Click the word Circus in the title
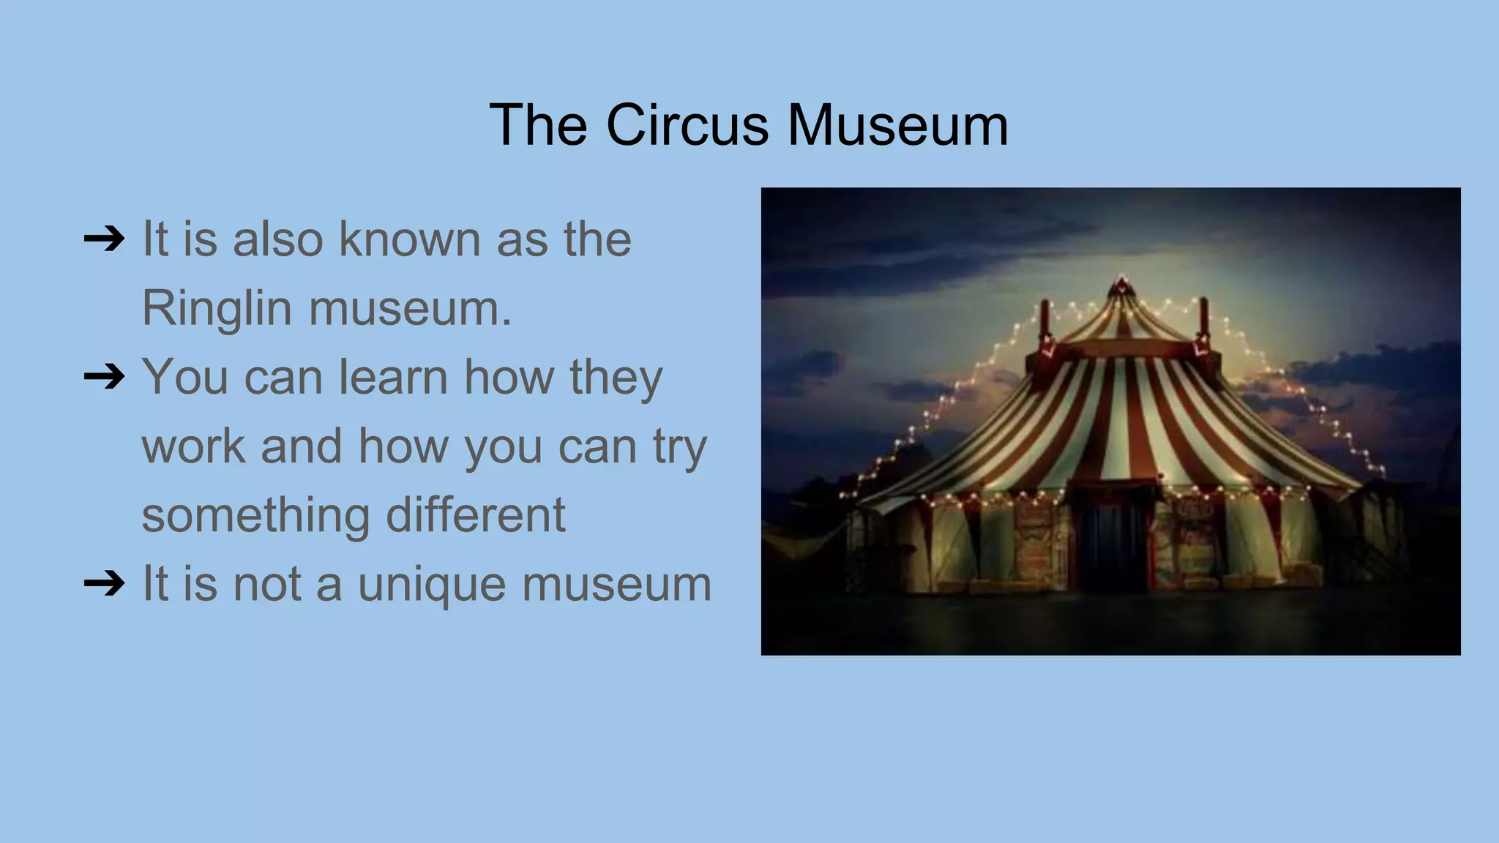tap(687, 125)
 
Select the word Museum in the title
tap(897, 125)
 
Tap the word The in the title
tap(538, 125)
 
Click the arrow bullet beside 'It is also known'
tap(104, 239)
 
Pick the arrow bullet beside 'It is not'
tap(104, 585)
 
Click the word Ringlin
tap(217, 308)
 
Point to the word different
tap(475, 514)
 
